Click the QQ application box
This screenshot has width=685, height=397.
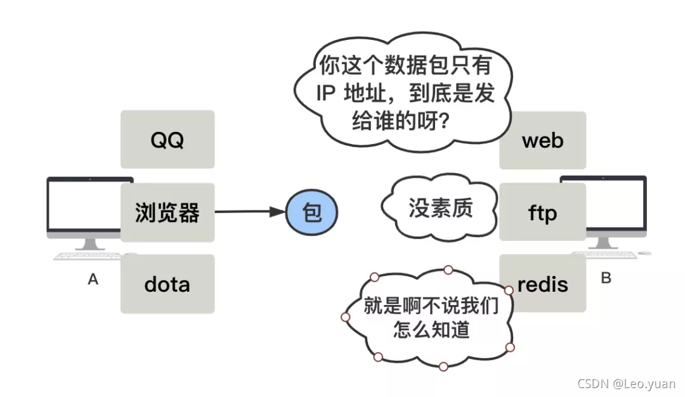(167, 140)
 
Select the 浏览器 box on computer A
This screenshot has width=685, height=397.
(167, 212)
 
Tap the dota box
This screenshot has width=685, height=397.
(167, 283)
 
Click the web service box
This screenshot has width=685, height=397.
(542, 140)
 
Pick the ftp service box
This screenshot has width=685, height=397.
(542, 212)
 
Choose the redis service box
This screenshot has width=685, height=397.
(542, 283)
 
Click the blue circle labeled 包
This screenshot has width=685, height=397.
(311, 212)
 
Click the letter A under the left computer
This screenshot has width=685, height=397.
(93, 279)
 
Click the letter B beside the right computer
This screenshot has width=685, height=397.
(606, 278)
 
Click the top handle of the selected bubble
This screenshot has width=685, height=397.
(448, 270)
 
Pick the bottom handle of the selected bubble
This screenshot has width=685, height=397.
(443, 367)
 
